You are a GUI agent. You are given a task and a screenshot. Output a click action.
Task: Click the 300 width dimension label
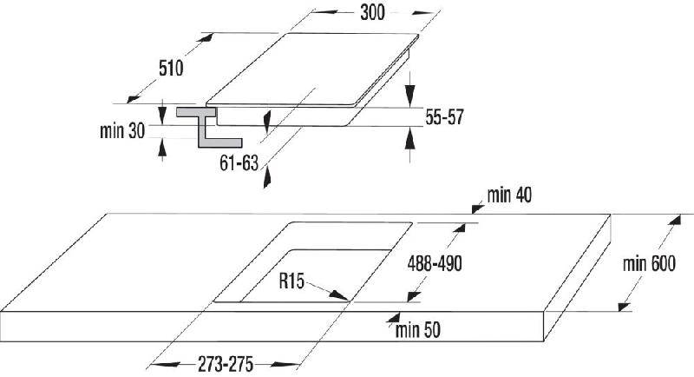pos(372,12)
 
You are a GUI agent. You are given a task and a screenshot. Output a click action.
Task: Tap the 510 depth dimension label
pos(171,69)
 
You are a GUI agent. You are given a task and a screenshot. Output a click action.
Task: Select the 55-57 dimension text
pos(444,117)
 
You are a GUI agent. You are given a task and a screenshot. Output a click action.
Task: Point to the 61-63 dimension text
pos(239,163)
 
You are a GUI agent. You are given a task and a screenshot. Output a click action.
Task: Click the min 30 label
pos(122,130)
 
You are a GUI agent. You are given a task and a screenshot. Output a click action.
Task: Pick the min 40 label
pos(509,195)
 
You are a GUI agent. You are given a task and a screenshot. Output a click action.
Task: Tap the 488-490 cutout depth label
pos(435,263)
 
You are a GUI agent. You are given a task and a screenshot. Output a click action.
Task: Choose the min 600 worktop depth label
pos(649,263)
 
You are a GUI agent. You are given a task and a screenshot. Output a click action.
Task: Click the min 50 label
pos(418,330)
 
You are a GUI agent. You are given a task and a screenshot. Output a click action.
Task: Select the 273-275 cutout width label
pos(226,365)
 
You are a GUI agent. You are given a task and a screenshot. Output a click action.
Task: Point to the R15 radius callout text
pos(291,281)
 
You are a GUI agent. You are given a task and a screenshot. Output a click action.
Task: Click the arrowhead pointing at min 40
pos(478,208)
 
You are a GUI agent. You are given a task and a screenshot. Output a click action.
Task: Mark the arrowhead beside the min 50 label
pos(394,317)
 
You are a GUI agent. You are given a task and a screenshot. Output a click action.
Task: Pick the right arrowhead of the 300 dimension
pos(422,13)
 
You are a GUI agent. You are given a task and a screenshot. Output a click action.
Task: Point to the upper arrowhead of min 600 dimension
pos(674,221)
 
